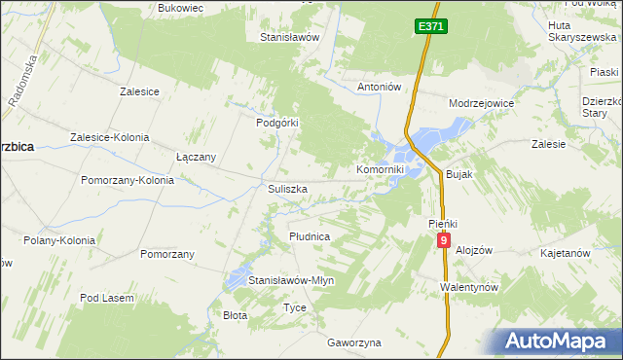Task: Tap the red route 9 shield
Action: coord(444,239)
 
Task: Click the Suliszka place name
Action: coord(287,189)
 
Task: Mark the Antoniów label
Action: coord(380,87)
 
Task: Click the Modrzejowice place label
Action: coord(481,102)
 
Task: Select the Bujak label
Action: coord(458,174)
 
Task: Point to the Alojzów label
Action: coord(475,249)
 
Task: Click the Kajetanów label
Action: coord(566,253)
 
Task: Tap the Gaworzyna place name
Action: coord(354,342)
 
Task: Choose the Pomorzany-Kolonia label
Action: coord(128,180)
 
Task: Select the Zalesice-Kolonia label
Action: coord(109,137)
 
